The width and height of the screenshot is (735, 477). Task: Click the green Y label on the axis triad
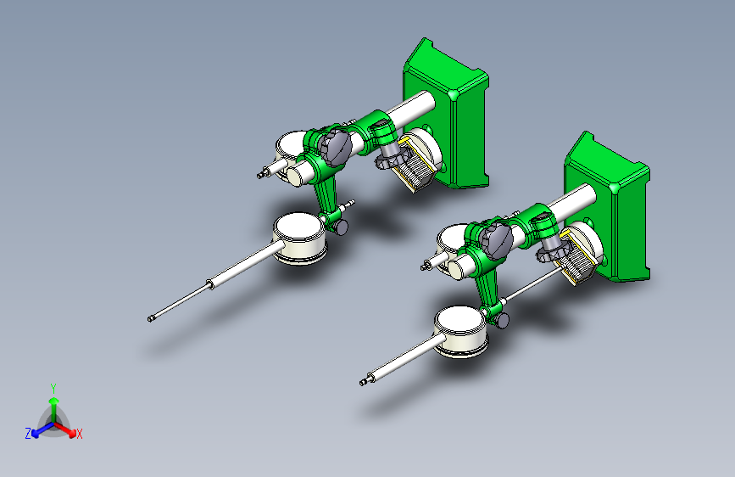(x=53, y=388)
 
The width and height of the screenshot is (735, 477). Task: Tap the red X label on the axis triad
(x=79, y=434)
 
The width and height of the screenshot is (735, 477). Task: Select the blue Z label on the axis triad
(x=28, y=434)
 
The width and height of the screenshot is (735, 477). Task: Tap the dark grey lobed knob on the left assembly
(x=334, y=148)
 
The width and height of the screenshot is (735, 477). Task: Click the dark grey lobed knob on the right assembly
(x=495, y=240)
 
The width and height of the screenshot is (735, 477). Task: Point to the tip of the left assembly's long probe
(x=149, y=320)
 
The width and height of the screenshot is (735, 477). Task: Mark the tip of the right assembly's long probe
(x=362, y=384)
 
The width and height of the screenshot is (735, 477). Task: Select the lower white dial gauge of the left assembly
(x=299, y=237)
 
